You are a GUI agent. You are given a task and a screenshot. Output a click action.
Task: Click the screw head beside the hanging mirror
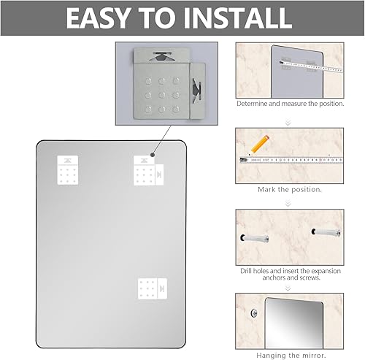[253, 315]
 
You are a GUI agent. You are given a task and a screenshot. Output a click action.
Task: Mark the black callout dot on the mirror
[151, 154]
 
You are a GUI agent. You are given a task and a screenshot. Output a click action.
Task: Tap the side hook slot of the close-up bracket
[196, 89]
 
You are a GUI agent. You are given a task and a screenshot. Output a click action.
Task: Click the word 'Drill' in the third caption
[247, 270]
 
